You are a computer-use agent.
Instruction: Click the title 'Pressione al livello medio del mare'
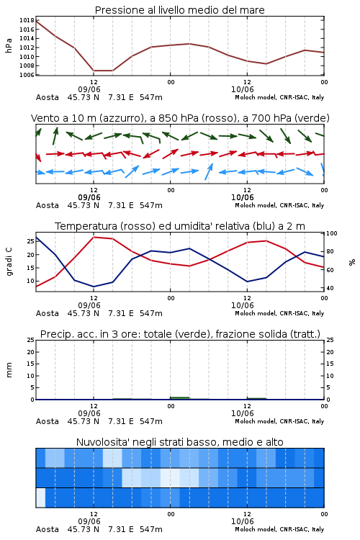click(x=179, y=10)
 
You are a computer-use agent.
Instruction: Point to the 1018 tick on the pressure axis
click(x=27, y=20)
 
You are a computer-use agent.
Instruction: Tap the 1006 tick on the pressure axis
click(x=27, y=75)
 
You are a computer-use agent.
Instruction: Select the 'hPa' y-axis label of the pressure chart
click(x=9, y=45)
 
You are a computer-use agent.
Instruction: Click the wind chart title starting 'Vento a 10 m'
click(x=180, y=118)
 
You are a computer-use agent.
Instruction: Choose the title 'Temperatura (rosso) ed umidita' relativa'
click(x=180, y=226)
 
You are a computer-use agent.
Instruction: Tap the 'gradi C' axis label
click(x=9, y=262)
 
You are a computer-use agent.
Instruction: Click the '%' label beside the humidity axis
click(x=352, y=262)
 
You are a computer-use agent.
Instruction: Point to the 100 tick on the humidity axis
click(x=332, y=233)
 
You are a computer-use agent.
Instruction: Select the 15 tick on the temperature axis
click(x=31, y=268)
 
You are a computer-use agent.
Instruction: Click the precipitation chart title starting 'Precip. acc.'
click(x=180, y=334)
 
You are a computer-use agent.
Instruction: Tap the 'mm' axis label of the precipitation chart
click(x=9, y=370)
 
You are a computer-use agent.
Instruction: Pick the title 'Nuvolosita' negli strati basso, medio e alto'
click(x=180, y=442)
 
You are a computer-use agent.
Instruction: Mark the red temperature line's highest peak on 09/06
click(x=94, y=237)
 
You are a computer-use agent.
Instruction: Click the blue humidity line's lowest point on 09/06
click(x=94, y=287)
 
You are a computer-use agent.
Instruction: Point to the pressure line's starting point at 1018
click(x=36, y=21)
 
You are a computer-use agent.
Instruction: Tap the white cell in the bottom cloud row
click(x=40, y=498)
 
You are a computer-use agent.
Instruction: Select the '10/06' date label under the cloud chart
click(x=243, y=521)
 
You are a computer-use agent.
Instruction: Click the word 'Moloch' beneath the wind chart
click(x=245, y=205)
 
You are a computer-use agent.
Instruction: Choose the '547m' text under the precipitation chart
click(x=151, y=421)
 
